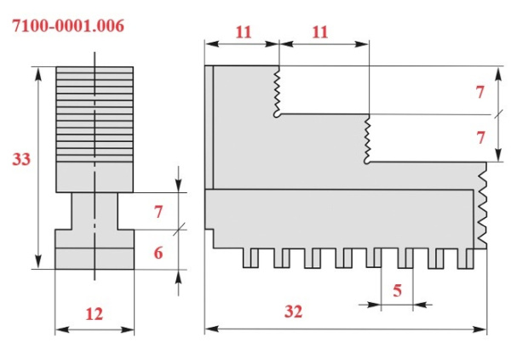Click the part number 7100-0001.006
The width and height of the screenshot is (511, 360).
(67, 26)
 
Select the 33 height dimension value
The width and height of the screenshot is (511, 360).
(21, 159)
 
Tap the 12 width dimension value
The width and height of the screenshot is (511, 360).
(94, 313)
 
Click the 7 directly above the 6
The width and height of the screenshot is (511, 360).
(158, 212)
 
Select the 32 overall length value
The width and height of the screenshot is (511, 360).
(293, 311)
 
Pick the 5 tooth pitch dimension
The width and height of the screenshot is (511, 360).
(397, 289)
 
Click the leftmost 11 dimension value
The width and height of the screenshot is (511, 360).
(243, 32)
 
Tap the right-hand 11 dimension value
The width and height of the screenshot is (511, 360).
(320, 32)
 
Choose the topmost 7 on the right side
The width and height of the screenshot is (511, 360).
(480, 91)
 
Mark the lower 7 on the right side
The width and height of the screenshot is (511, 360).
(480, 137)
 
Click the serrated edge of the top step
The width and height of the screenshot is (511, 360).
(277, 92)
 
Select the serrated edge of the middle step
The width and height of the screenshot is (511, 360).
(366, 139)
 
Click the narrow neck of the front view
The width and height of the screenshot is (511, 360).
(95, 209)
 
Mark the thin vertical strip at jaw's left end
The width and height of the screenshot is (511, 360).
(210, 128)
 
